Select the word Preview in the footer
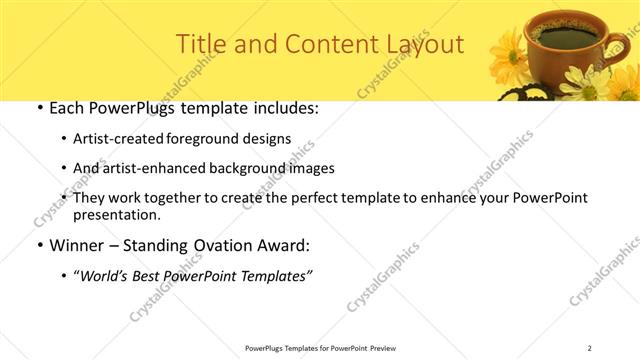(385, 347)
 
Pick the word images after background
(307, 169)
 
